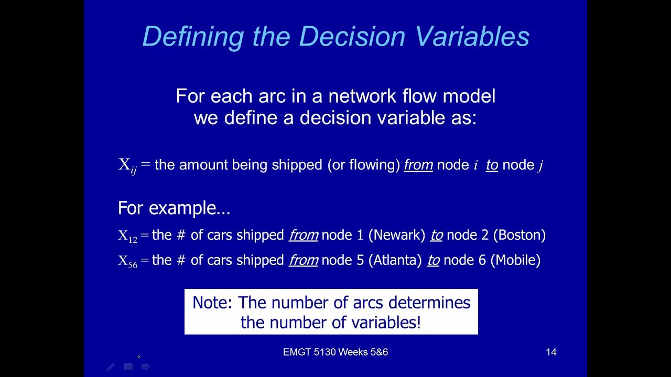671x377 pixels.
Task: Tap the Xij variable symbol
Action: point(127,165)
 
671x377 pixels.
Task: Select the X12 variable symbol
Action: point(127,236)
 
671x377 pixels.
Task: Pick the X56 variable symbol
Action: point(127,261)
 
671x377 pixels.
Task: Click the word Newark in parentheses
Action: point(397,235)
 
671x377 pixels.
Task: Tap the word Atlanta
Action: point(394,260)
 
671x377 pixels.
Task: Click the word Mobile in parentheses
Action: point(516,260)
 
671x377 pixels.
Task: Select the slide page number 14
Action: point(551,352)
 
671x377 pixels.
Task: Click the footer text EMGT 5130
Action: point(309,352)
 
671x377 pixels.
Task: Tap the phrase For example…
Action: point(174,208)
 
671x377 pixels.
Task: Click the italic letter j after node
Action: point(540,165)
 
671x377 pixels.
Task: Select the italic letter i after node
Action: point(475,165)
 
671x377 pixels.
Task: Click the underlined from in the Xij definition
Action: point(418,165)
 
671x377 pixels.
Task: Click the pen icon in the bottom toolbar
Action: point(111,367)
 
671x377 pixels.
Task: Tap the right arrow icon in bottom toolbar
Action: point(146,367)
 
